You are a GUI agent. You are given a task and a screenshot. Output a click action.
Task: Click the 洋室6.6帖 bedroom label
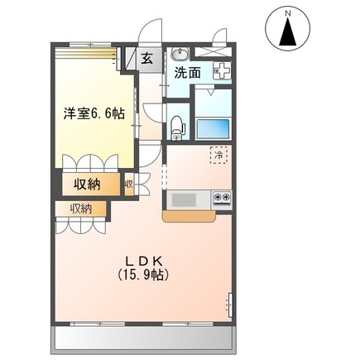(92, 114)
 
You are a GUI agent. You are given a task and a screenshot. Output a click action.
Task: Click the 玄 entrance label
(146, 58)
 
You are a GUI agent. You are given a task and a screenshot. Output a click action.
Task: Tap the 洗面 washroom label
(188, 73)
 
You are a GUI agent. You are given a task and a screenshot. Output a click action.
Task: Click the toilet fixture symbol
(175, 125)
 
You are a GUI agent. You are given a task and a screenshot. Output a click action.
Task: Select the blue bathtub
(214, 128)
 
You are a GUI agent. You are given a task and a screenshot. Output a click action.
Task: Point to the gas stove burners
(223, 198)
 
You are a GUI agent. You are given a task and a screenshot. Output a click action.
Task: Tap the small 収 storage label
(129, 184)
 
